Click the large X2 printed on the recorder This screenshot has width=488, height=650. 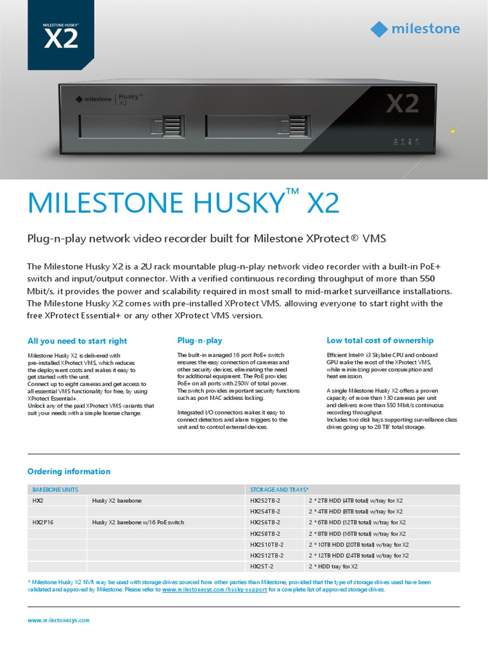(403, 103)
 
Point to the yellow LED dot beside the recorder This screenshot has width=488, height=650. (452, 131)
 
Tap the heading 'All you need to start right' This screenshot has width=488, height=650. (77, 341)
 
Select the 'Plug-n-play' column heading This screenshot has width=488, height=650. (200, 341)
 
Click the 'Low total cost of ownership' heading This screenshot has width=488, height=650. (380, 341)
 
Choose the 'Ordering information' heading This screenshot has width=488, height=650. (69, 472)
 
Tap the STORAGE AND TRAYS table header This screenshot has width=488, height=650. (280, 489)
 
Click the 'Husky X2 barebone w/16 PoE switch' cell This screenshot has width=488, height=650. (138, 522)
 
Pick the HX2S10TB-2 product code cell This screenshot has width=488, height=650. (267, 545)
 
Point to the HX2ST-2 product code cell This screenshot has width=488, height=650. (262, 566)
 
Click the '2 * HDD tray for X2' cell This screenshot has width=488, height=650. (334, 566)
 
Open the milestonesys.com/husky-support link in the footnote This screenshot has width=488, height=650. (214, 590)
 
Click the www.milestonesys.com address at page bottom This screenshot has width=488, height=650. (58, 620)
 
